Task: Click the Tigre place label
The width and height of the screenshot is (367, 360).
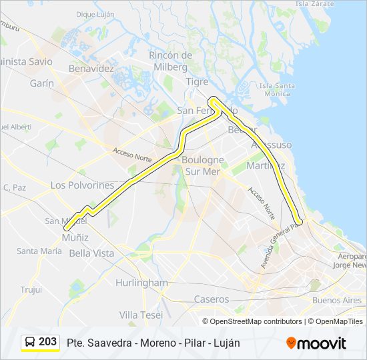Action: tap(198, 81)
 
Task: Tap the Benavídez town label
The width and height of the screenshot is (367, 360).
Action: tap(93, 68)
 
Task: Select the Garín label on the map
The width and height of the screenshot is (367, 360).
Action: tap(42, 83)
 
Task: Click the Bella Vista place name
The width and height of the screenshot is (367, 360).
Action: tap(91, 253)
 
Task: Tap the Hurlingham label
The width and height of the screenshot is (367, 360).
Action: tap(141, 283)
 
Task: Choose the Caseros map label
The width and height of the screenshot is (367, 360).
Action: tap(211, 299)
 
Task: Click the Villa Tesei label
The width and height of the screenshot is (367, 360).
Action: tap(141, 315)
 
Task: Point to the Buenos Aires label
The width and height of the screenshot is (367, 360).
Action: tap(337, 300)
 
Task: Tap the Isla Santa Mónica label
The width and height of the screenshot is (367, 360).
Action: tap(277, 90)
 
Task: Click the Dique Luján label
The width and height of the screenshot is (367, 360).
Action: tap(95, 13)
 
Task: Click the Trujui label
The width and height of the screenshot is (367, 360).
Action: tap(31, 289)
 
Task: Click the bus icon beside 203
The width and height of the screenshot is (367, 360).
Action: tap(30, 342)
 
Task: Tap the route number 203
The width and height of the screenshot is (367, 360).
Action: tap(48, 342)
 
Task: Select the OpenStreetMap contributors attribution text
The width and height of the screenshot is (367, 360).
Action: tap(256, 321)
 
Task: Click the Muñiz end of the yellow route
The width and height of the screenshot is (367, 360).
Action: tap(65, 248)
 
